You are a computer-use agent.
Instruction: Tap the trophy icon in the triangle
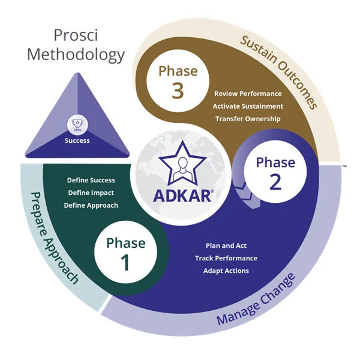(x=77, y=124)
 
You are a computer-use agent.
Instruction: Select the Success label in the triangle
(x=77, y=141)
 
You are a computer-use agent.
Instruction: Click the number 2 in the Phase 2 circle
(x=275, y=182)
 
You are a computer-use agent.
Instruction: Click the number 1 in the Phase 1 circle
(x=125, y=263)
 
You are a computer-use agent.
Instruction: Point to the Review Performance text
(x=248, y=94)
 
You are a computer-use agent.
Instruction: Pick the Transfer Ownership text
(x=247, y=118)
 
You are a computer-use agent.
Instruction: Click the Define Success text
(x=91, y=180)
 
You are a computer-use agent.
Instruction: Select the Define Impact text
(x=91, y=193)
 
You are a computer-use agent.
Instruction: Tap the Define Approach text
(x=91, y=205)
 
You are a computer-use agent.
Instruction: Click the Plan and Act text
(x=226, y=245)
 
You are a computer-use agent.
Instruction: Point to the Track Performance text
(x=226, y=258)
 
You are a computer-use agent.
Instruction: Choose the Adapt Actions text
(x=226, y=271)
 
